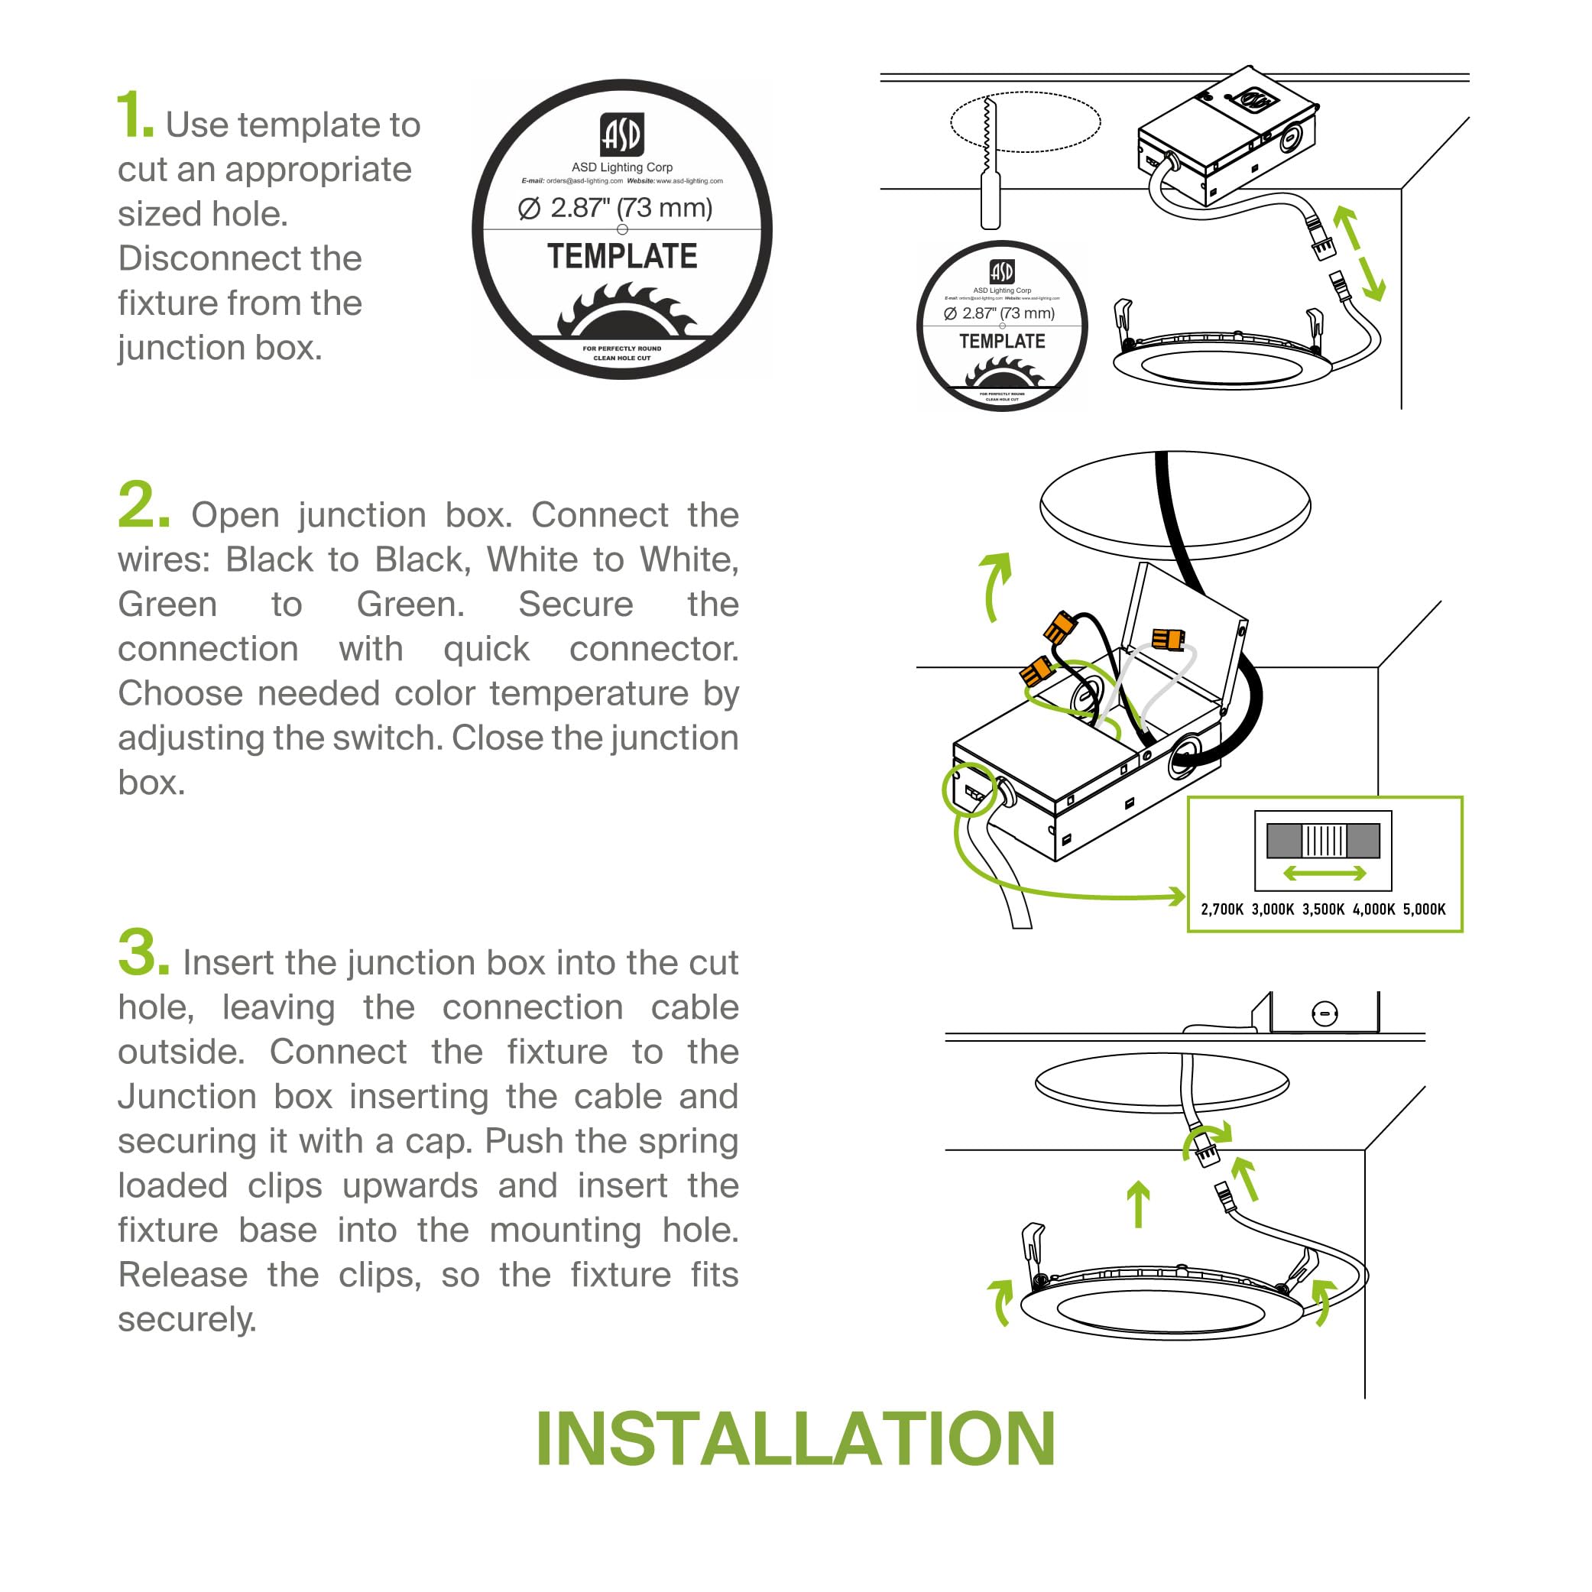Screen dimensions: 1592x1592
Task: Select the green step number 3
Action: click(143, 952)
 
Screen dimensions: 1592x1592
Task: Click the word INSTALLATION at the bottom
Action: click(795, 1438)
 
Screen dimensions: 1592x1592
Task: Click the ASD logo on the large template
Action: click(621, 135)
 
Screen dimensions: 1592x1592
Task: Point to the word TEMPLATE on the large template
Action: click(622, 256)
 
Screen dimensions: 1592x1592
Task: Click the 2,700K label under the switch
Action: click(1221, 909)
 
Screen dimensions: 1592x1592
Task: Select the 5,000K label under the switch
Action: click(1424, 909)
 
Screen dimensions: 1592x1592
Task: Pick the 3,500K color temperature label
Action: click(1322, 909)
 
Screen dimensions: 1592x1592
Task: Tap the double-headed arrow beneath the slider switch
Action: click(1325, 874)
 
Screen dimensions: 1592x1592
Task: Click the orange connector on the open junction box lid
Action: click(1168, 639)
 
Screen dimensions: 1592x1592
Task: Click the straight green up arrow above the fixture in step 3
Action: click(1138, 1204)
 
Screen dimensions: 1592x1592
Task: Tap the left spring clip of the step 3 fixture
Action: click(1033, 1245)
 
